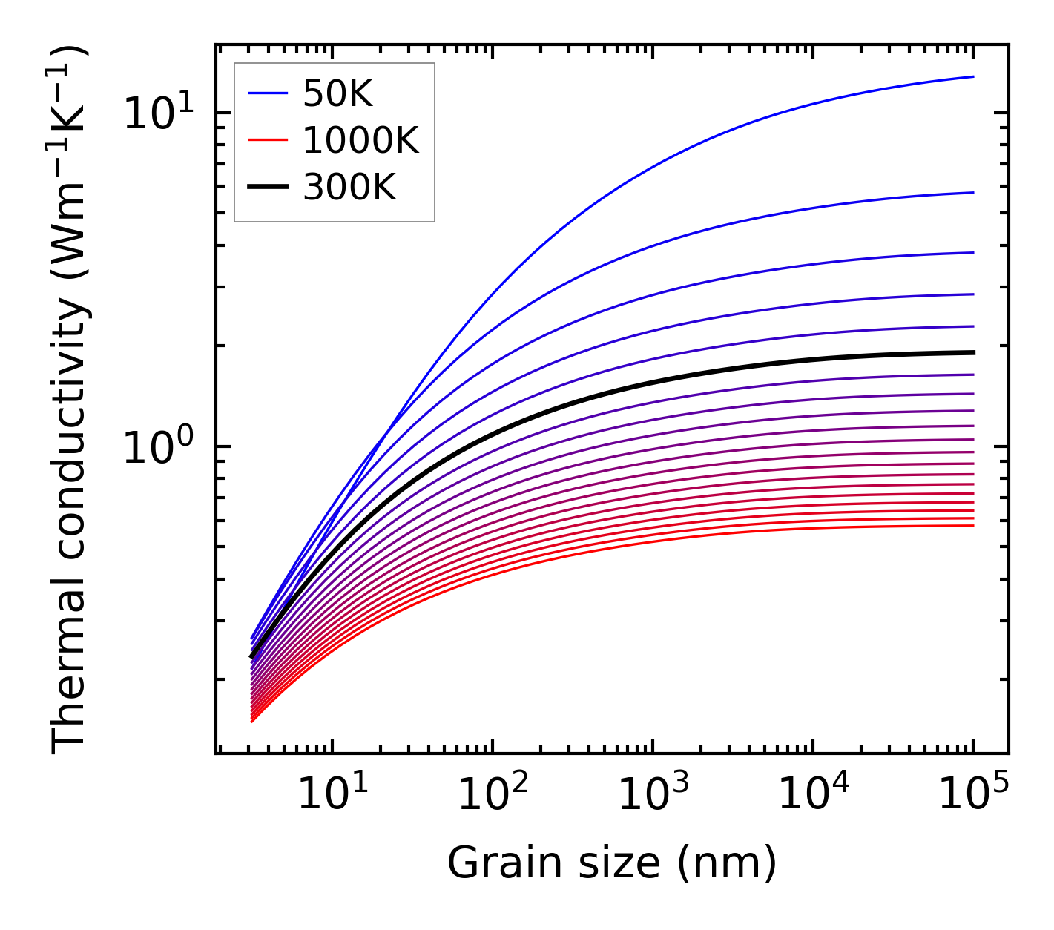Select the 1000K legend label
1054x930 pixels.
pyautogui.click(x=360, y=140)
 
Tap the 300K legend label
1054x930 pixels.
pyautogui.click(x=349, y=188)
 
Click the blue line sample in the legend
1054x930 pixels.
pyautogui.click(x=267, y=93)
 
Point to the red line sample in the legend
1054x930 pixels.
pyautogui.click(x=267, y=140)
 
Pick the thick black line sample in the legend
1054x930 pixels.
pyautogui.click(x=267, y=188)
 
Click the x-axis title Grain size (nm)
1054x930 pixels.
pyautogui.click(x=612, y=863)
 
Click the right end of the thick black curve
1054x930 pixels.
pyautogui.click(x=972, y=352)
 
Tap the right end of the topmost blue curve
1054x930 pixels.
pyautogui.click(x=972, y=76)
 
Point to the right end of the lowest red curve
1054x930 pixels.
pyautogui.click(x=972, y=526)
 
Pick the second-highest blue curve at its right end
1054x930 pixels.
pyautogui.click(x=972, y=193)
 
